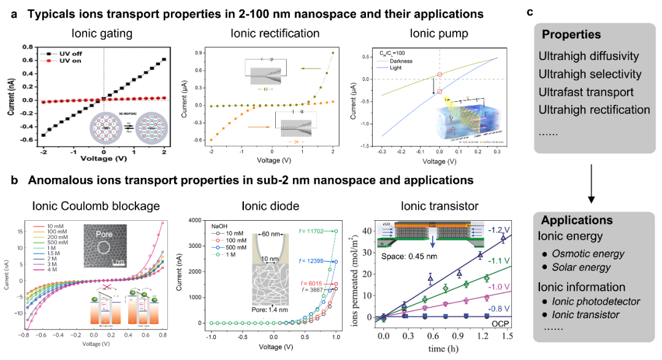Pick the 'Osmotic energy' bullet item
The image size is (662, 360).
[x=587, y=254]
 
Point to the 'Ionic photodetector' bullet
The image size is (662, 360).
[x=596, y=301]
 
